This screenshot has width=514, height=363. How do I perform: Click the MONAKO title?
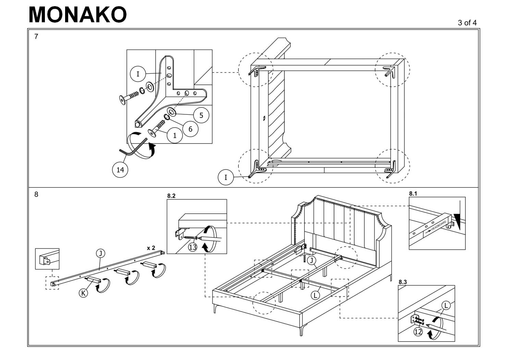pos(77,15)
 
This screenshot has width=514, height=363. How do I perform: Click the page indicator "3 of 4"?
pos(467,23)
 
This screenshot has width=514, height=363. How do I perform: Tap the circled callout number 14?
pos(120,170)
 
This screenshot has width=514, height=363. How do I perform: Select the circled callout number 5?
pos(201,115)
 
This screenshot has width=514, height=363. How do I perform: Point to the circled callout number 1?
pos(175,136)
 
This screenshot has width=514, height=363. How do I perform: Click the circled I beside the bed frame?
pos(226,177)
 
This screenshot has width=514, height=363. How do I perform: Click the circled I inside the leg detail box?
pos(138,74)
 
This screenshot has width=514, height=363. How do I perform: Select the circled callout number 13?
pos(193,247)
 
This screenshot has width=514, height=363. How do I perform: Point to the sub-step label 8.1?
pos(413,193)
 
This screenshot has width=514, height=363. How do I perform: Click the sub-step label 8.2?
pos(171,196)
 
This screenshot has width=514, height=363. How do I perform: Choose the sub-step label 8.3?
pos(403,282)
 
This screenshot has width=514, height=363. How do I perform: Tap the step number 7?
pos(36,37)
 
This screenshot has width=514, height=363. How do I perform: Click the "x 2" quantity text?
pos(151,248)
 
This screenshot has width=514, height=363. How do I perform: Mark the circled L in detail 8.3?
pos(446,305)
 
